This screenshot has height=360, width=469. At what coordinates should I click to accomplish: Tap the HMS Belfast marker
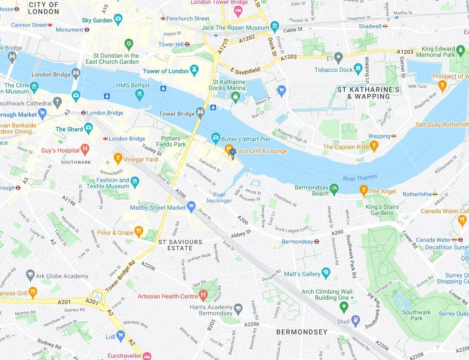pyautogui.click(x=139, y=93)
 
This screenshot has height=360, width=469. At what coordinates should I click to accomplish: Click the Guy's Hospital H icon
pyautogui.click(x=85, y=150)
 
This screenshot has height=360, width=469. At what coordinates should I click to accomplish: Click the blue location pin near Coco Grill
pyautogui.click(x=233, y=153)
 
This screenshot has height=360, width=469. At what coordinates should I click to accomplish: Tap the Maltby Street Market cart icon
pyautogui.click(x=191, y=207)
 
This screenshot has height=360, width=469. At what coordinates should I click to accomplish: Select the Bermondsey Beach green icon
pyautogui.click(x=334, y=189)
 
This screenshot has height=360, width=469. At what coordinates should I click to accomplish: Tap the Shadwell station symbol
pyautogui.click(x=386, y=26)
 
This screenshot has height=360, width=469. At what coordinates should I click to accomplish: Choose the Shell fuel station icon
pyautogui.click(x=355, y=321)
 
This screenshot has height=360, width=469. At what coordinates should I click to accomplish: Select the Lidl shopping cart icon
pyautogui.click(x=120, y=335)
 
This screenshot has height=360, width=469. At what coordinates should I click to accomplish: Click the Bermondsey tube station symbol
pyautogui.click(x=317, y=242)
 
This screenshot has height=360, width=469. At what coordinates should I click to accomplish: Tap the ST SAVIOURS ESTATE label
pyautogui.click(x=180, y=245)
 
